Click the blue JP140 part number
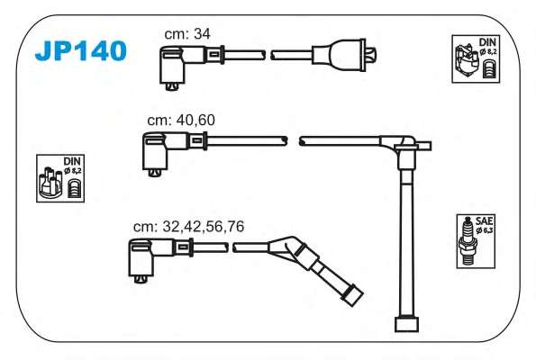click(81, 51)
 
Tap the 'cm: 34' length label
click(187, 34)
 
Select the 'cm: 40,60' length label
click(181, 120)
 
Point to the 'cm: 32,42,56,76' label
click(188, 227)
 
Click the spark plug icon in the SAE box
click(468, 241)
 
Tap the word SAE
click(485, 220)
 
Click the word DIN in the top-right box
click(487, 42)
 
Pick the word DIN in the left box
click(72, 161)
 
